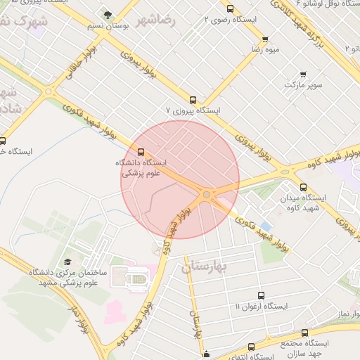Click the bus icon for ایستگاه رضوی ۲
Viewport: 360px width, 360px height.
tap(231, 9)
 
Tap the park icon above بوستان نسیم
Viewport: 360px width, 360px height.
tap(107, 13)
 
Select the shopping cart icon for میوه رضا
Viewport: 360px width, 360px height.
tap(265, 39)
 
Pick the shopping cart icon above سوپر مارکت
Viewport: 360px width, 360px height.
tap(303, 74)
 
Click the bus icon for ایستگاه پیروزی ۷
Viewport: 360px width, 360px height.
tap(193, 100)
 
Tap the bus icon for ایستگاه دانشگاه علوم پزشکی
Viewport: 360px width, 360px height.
tap(141, 151)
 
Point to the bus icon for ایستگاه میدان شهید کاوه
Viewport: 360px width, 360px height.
tap(303, 187)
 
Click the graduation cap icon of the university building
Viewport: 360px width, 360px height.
tap(67, 262)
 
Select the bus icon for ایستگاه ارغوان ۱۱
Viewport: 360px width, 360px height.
tap(261, 296)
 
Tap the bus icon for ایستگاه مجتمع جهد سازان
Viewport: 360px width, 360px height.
tap(304, 333)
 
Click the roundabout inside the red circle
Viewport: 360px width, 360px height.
tap(206, 194)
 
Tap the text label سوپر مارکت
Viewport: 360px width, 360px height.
tap(303, 85)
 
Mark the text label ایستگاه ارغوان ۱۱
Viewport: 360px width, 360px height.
tap(261, 307)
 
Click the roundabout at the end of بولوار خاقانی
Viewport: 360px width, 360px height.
tap(49, 91)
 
